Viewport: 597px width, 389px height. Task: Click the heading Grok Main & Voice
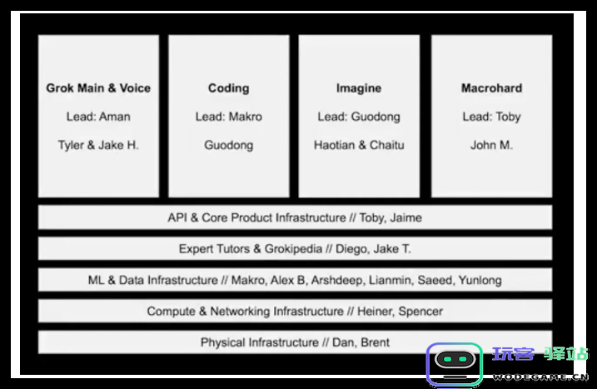click(x=98, y=88)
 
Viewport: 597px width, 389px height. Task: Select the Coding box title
click(x=229, y=88)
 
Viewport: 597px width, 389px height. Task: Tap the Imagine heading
click(x=359, y=88)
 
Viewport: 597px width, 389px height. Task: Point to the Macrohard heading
click(x=491, y=88)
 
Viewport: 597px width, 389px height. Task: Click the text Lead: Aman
click(x=98, y=117)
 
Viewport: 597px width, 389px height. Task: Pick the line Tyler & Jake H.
click(x=98, y=145)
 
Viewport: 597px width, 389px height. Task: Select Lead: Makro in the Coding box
click(x=229, y=117)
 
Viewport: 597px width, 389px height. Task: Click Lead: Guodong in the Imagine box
click(x=359, y=117)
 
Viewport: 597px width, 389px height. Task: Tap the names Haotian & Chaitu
click(x=359, y=145)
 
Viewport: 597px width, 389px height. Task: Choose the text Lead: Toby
click(x=491, y=117)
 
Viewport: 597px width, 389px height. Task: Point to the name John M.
click(x=491, y=145)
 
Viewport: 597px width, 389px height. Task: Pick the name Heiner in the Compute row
click(x=376, y=312)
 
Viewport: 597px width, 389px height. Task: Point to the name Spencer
click(x=421, y=312)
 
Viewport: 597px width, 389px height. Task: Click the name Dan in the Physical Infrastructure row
click(x=341, y=342)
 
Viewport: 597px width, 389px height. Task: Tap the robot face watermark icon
click(x=454, y=363)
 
